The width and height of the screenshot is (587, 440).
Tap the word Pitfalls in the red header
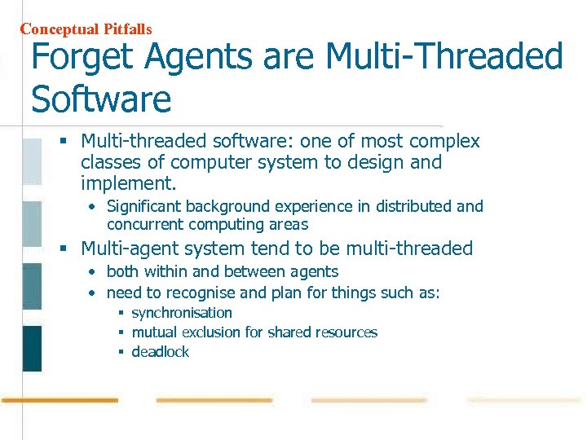127,29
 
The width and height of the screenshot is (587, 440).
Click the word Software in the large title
101,99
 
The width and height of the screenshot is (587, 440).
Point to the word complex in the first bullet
447,142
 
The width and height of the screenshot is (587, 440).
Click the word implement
128,183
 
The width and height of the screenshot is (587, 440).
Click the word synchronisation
182,313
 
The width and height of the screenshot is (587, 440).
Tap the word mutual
155,332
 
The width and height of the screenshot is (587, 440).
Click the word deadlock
160,352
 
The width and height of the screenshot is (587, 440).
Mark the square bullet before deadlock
120,352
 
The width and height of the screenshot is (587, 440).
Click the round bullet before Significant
94,207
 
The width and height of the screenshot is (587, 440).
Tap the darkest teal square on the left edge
32,348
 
